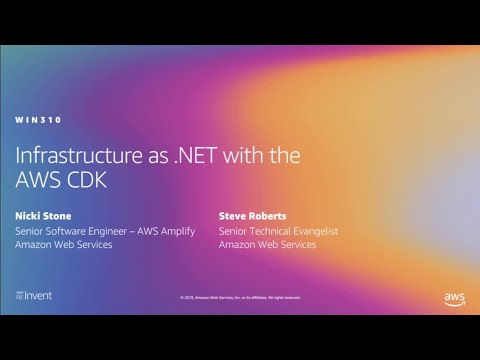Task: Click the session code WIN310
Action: pos(38,120)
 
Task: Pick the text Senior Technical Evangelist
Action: pos(279,230)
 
